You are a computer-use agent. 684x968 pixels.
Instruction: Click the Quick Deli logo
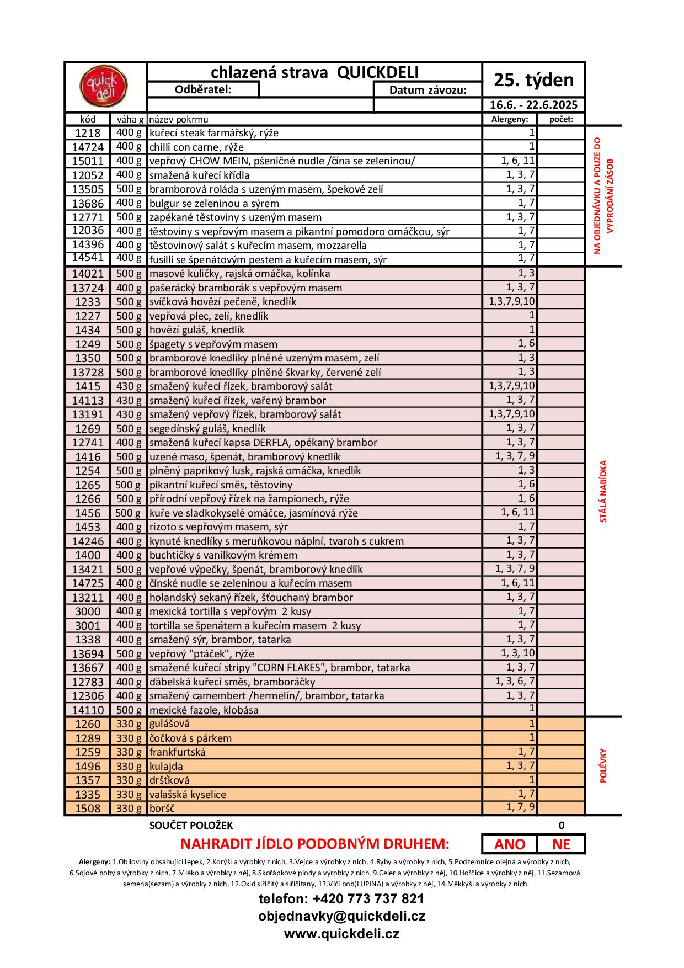pos(104,87)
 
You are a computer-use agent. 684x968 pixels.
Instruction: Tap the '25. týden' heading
pos(533,80)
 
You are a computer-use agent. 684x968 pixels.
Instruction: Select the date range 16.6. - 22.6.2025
pos(533,105)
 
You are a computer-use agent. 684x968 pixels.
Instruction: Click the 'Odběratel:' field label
pos(203,89)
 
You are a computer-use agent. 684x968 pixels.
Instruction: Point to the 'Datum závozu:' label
pos(427,90)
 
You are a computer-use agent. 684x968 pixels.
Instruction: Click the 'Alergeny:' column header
pos(510,119)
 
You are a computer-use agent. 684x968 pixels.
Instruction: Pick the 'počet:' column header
pos(561,119)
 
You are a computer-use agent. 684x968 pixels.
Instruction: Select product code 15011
pos(88,161)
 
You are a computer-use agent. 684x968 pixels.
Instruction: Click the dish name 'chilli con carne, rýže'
pos(196,147)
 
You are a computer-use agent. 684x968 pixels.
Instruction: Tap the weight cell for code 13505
pos(129,189)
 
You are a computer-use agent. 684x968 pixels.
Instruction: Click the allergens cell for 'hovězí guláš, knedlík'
pos(510,329)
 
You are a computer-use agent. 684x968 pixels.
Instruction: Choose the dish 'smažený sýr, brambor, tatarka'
pos(220,640)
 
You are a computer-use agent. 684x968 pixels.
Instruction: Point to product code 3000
pos(88,611)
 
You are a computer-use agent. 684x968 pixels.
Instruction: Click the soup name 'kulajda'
pos(166,766)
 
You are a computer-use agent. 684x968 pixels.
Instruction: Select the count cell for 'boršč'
pos(561,808)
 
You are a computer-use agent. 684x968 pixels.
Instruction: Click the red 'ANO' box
pos(509,844)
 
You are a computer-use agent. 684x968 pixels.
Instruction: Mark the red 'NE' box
pos(561,844)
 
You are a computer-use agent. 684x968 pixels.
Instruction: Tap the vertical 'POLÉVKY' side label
pos(603,765)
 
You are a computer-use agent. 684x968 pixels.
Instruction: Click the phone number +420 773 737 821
pos(341,899)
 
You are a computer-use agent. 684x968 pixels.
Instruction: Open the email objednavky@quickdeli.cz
pos(341,916)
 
